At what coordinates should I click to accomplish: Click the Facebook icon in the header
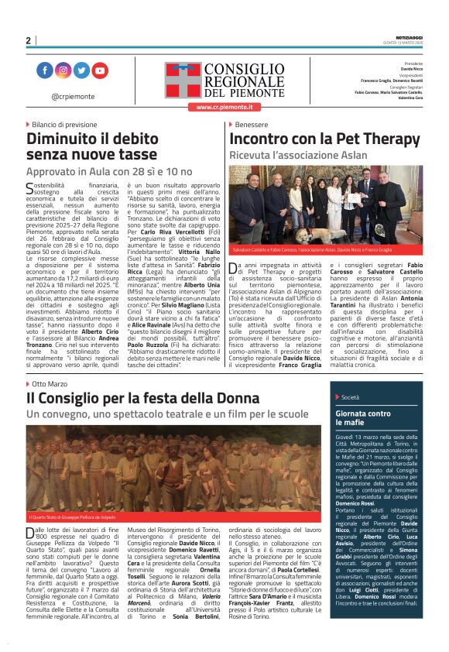44,71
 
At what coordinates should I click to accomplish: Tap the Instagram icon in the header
63,71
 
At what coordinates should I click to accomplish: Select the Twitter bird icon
81,71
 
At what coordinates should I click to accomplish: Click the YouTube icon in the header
101,71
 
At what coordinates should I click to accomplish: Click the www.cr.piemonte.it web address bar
224,106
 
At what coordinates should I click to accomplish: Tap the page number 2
28,41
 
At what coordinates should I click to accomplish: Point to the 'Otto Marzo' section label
50,384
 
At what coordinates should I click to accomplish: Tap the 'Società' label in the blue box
350,397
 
